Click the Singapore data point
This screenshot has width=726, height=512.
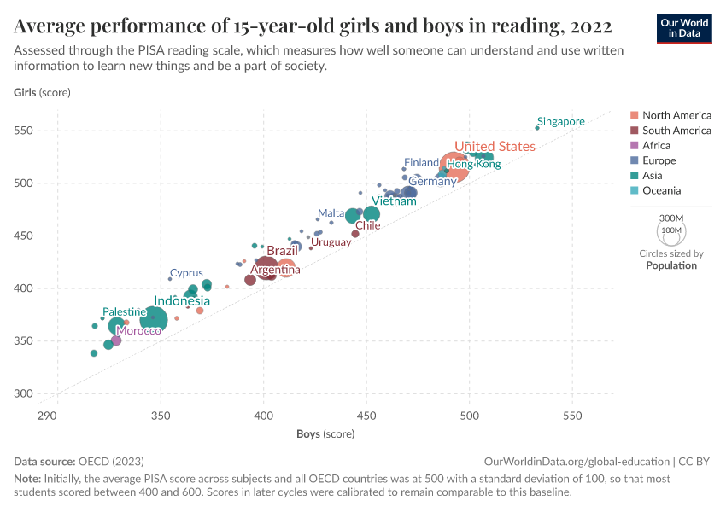(x=537, y=128)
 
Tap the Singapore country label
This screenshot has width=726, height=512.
(x=561, y=121)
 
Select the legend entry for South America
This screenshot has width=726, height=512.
(x=676, y=131)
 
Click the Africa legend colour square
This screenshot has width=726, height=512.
(x=633, y=146)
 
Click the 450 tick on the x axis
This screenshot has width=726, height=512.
(x=366, y=416)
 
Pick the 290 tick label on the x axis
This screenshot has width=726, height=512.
(x=47, y=416)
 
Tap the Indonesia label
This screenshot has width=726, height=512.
(x=181, y=301)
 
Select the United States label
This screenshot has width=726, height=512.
(x=495, y=147)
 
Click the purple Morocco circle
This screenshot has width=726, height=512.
(x=116, y=340)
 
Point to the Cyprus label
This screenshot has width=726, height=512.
(x=186, y=273)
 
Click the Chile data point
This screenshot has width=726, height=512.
(x=355, y=234)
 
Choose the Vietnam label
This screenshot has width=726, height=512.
(x=394, y=201)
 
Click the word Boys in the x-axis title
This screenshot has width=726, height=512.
(x=308, y=434)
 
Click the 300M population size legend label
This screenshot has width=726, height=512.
(x=671, y=218)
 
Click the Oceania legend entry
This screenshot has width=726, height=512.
(x=662, y=191)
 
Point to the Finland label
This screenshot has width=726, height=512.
(x=421, y=162)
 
